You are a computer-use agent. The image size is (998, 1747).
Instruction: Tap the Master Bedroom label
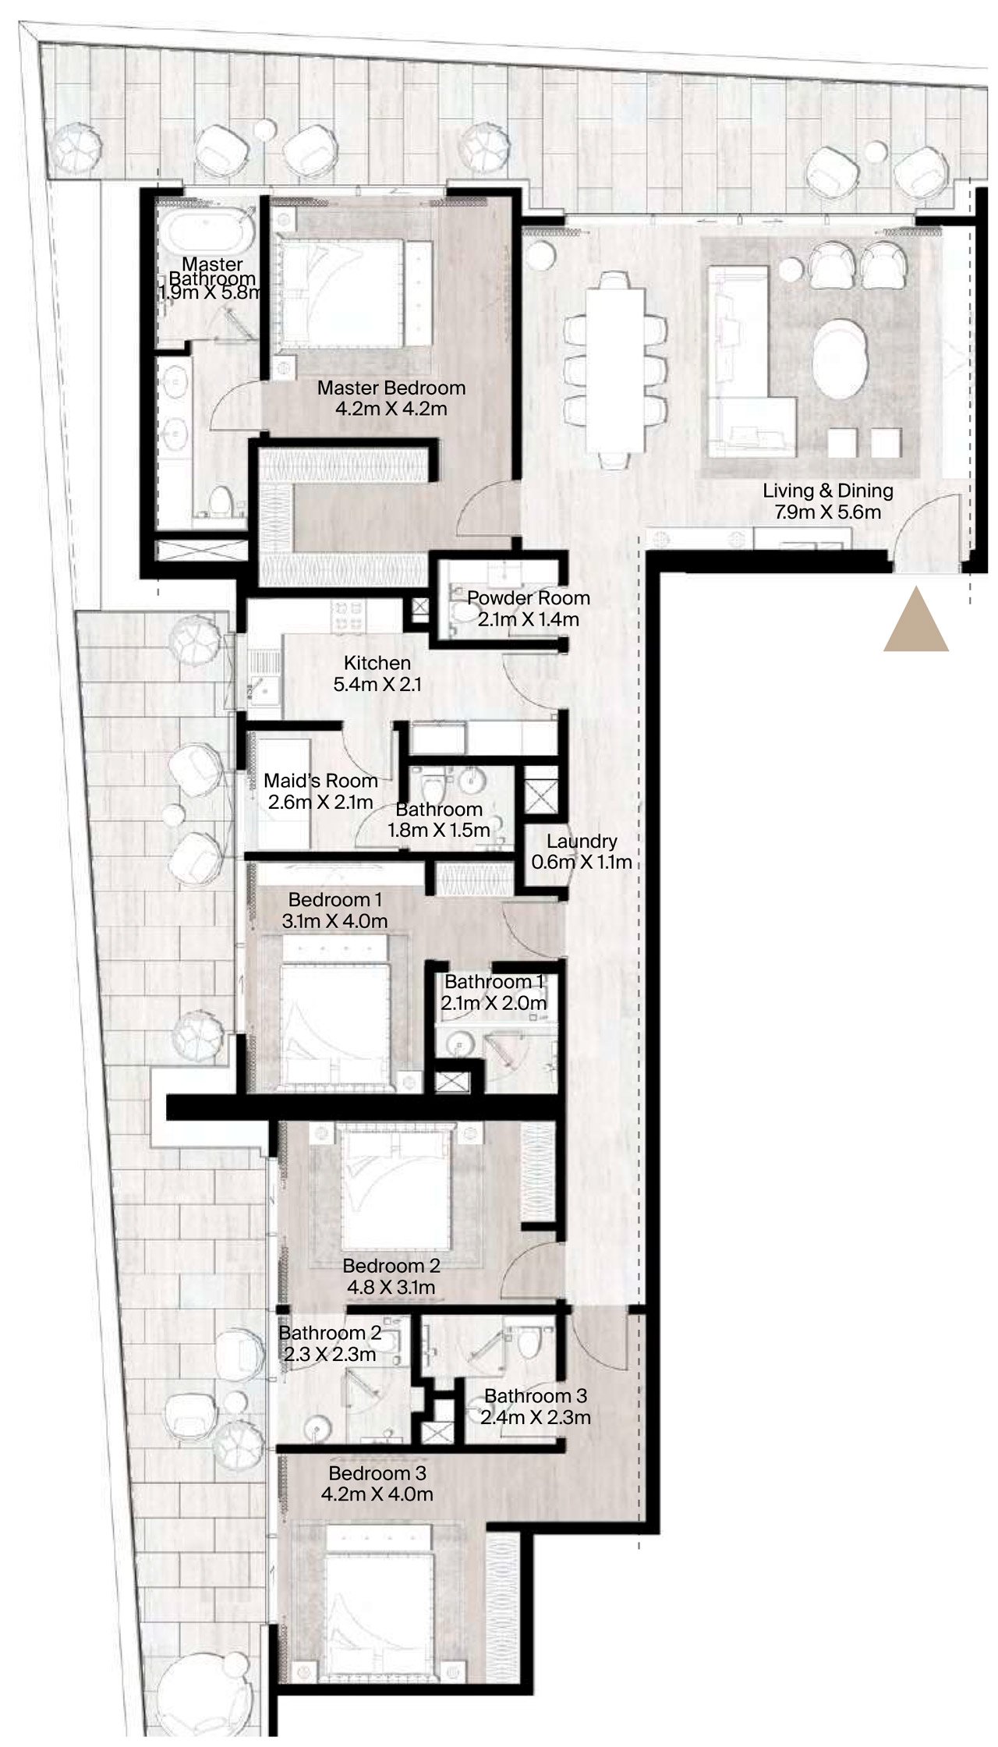point(391,388)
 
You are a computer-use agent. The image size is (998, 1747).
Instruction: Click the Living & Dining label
point(828,491)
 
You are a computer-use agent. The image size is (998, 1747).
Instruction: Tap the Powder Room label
point(529,598)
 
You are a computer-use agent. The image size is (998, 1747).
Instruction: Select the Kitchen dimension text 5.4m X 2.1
point(378,685)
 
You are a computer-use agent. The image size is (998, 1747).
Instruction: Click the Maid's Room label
point(320,781)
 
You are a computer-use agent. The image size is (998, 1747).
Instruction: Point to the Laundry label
point(582,842)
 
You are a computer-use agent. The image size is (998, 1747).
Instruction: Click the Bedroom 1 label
point(335,900)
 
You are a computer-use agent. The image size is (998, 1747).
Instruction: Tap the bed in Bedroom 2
point(397,1188)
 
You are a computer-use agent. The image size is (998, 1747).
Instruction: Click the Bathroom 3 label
point(536,1396)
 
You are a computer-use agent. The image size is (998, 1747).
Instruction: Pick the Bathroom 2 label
point(330,1333)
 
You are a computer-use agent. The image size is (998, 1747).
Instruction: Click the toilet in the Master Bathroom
point(223,503)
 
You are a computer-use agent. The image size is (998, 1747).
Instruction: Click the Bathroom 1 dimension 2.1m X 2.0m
point(494,1003)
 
